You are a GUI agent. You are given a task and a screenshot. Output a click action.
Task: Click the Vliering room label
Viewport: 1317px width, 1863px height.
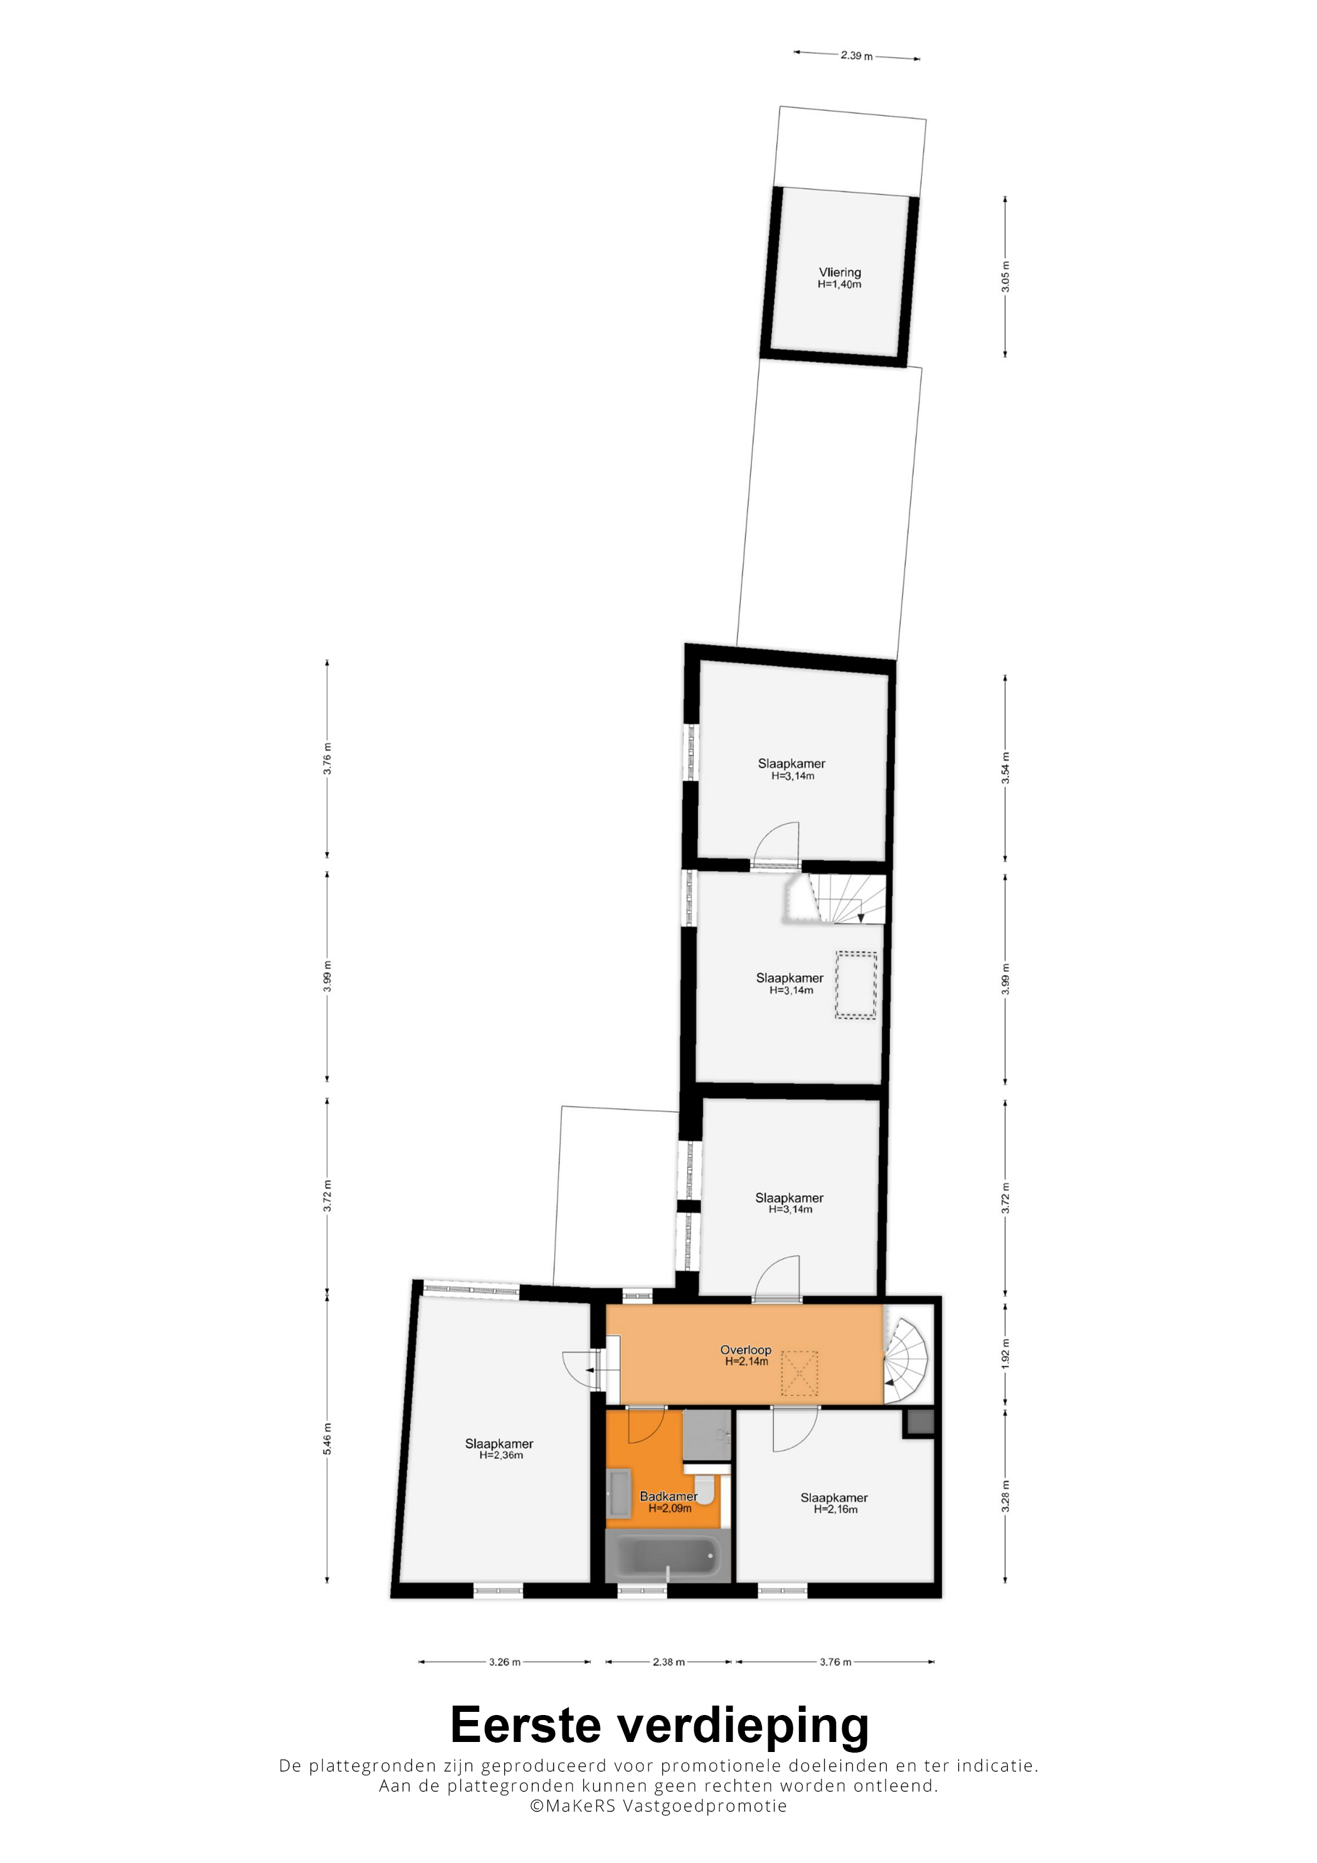click(x=839, y=273)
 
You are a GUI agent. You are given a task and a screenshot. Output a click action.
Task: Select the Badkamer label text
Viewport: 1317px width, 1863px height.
click(x=669, y=1496)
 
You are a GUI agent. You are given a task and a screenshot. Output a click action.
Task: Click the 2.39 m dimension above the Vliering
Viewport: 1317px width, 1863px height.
click(x=857, y=56)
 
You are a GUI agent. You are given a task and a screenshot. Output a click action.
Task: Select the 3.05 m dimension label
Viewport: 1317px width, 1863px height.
click(x=1005, y=277)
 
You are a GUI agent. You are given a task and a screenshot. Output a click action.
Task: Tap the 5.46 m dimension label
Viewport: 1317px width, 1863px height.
click(x=327, y=1438)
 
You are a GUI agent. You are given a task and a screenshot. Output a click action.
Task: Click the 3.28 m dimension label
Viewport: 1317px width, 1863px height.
click(x=1005, y=1496)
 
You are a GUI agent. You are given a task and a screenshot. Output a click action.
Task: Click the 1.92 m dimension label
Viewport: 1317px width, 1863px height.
click(x=1005, y=1353)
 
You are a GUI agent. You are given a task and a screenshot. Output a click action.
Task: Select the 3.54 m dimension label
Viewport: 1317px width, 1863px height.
click(x=1005, y=768)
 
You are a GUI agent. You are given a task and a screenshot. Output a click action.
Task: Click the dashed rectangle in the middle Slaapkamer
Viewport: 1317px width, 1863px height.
click(x=856, y=985)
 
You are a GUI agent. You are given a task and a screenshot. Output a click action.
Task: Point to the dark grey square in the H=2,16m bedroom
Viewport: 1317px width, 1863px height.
click(x=920, y=1422)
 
